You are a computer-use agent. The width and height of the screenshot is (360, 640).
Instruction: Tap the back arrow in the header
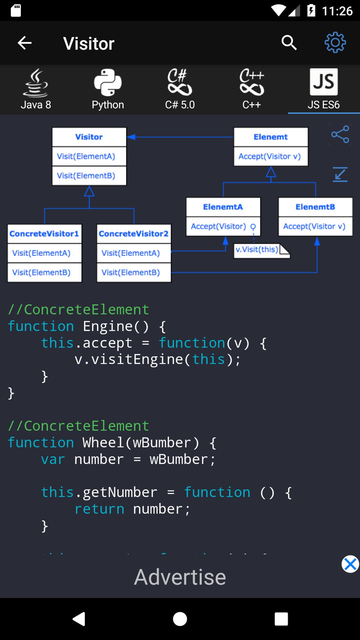pyautogui.click(x=25, y=43)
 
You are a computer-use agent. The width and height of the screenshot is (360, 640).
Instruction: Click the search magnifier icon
pyautogui.click(x=289, y=43)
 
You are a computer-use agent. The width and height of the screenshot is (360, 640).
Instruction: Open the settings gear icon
pyautogui.click(x=335, y=43)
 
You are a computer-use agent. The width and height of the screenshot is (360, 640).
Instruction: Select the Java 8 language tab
pyautogui.click(x=36, y=89)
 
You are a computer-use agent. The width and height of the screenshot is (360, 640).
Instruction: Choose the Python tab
pyautogui.click(x=108, y=89)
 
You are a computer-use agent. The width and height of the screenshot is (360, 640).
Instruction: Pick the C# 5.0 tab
pyautogui.click(x=180, y=89)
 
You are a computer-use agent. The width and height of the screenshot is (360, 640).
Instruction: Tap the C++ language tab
pyautogui.click(x=252, y=89)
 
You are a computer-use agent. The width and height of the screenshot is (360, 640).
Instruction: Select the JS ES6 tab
pyautogui.click(x=323, y=89)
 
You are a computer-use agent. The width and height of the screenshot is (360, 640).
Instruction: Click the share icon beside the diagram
pyautogui.click(x=340, y=134)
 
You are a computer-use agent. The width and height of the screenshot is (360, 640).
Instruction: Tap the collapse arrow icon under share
pyautogui.click(x=340, y=174)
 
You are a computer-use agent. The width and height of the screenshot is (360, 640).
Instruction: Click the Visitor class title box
pyautogui.click(x=89, y=137)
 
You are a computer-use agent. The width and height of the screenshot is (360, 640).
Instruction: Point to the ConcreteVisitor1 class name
pyautogui.click(x=44, y=234)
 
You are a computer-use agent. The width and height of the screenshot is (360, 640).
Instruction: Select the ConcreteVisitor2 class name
pyautogui.click(x=134, y=234)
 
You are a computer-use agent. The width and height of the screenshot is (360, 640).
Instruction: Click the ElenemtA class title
pyautogui.click(x=223, y=207)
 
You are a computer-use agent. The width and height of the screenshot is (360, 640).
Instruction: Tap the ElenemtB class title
pyautogui.click(x=315, y=207)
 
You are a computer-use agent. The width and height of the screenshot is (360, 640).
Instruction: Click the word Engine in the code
pyautogui.click(x=107, y=326)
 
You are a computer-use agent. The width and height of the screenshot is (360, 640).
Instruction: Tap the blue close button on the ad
pyautogui.click(x=350, y=564)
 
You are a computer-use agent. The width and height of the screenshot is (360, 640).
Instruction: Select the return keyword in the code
pyautogui.click(x=99, y=509)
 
